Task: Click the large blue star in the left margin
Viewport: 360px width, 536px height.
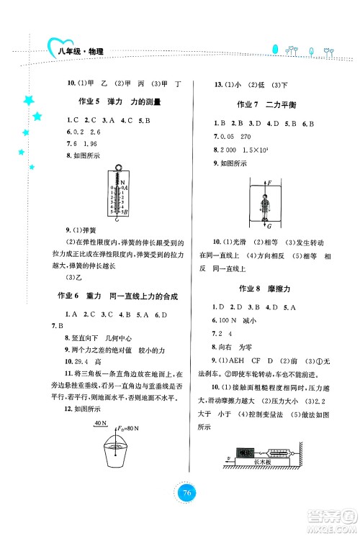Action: tap(30, 99)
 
